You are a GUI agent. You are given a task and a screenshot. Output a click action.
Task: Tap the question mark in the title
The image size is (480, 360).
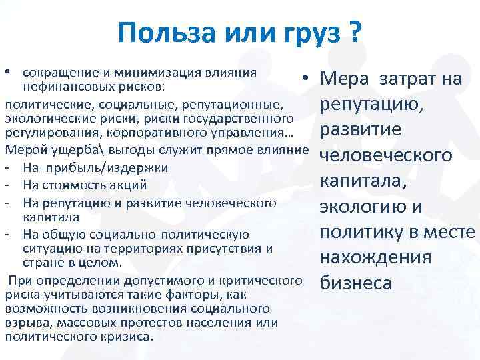(355, 31)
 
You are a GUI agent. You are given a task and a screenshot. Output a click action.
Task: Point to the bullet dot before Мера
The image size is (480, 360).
(303, 79)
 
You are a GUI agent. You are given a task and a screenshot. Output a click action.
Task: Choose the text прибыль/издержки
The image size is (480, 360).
(107, 167)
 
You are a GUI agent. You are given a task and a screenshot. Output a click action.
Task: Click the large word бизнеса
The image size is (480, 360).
(356, 283)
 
